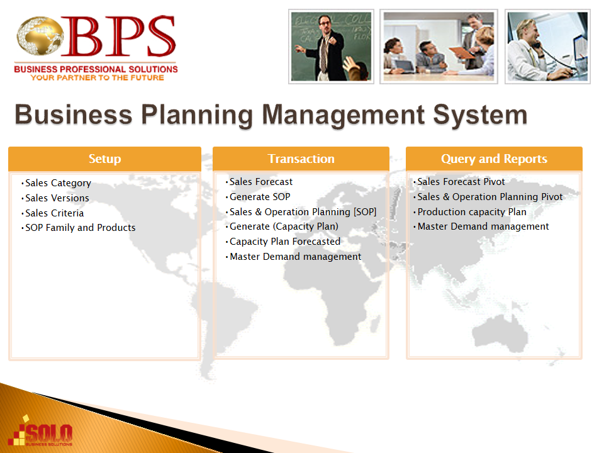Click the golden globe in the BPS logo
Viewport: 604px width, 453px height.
pyautogui.click(x=40, y=35)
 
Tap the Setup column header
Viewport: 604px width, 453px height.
pyautogui.click(x=105, y=159)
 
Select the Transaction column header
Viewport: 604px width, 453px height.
pyautogui.click(x=301, y=159)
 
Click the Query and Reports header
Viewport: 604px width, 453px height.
pyautogui.click(x=494, y=159)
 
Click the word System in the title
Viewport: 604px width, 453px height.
pyautogui.click(x=480, y=115)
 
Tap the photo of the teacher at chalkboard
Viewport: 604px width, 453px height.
pyautogui.click(x=332, y=47)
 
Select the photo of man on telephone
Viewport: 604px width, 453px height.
pyautogui.click(x=547, y=47)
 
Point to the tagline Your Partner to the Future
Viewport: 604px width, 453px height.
pyautogui.click(x=98, y=78)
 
